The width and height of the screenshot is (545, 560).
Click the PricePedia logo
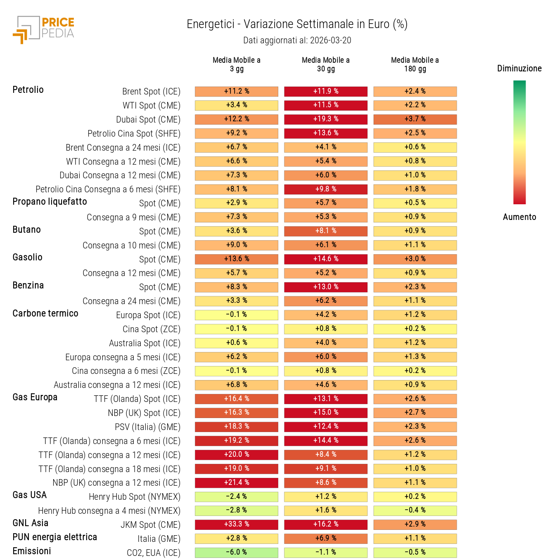(44, 29)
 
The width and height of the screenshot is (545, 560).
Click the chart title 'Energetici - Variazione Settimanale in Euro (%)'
(297, 24)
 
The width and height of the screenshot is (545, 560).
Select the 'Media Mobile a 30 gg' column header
(325, 64)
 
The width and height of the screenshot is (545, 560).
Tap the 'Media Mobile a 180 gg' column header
(415, 64)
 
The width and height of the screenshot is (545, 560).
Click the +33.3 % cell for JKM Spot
(237, 525)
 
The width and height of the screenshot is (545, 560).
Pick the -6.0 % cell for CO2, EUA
(237, 553)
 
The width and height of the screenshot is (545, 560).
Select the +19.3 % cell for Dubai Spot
(325, 119)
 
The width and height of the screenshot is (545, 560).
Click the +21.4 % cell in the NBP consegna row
(237, 483)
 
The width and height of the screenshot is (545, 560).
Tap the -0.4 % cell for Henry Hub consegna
(415, 510)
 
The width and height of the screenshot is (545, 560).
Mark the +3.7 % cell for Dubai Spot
(415, 119)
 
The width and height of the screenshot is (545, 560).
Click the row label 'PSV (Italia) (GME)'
(147, 427)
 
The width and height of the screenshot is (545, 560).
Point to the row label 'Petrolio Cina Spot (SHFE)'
(134, 134)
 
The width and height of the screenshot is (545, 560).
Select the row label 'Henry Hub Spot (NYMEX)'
(135, 497)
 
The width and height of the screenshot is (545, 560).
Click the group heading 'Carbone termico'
(45, 314)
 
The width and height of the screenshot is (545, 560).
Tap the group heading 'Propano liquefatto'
(50, 202)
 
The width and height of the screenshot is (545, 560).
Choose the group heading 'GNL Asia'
(31, 523)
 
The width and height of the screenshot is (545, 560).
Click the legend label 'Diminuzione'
(519, 69)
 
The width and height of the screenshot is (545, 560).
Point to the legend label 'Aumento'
(519, 217)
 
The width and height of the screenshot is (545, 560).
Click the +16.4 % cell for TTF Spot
(237, 399)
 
